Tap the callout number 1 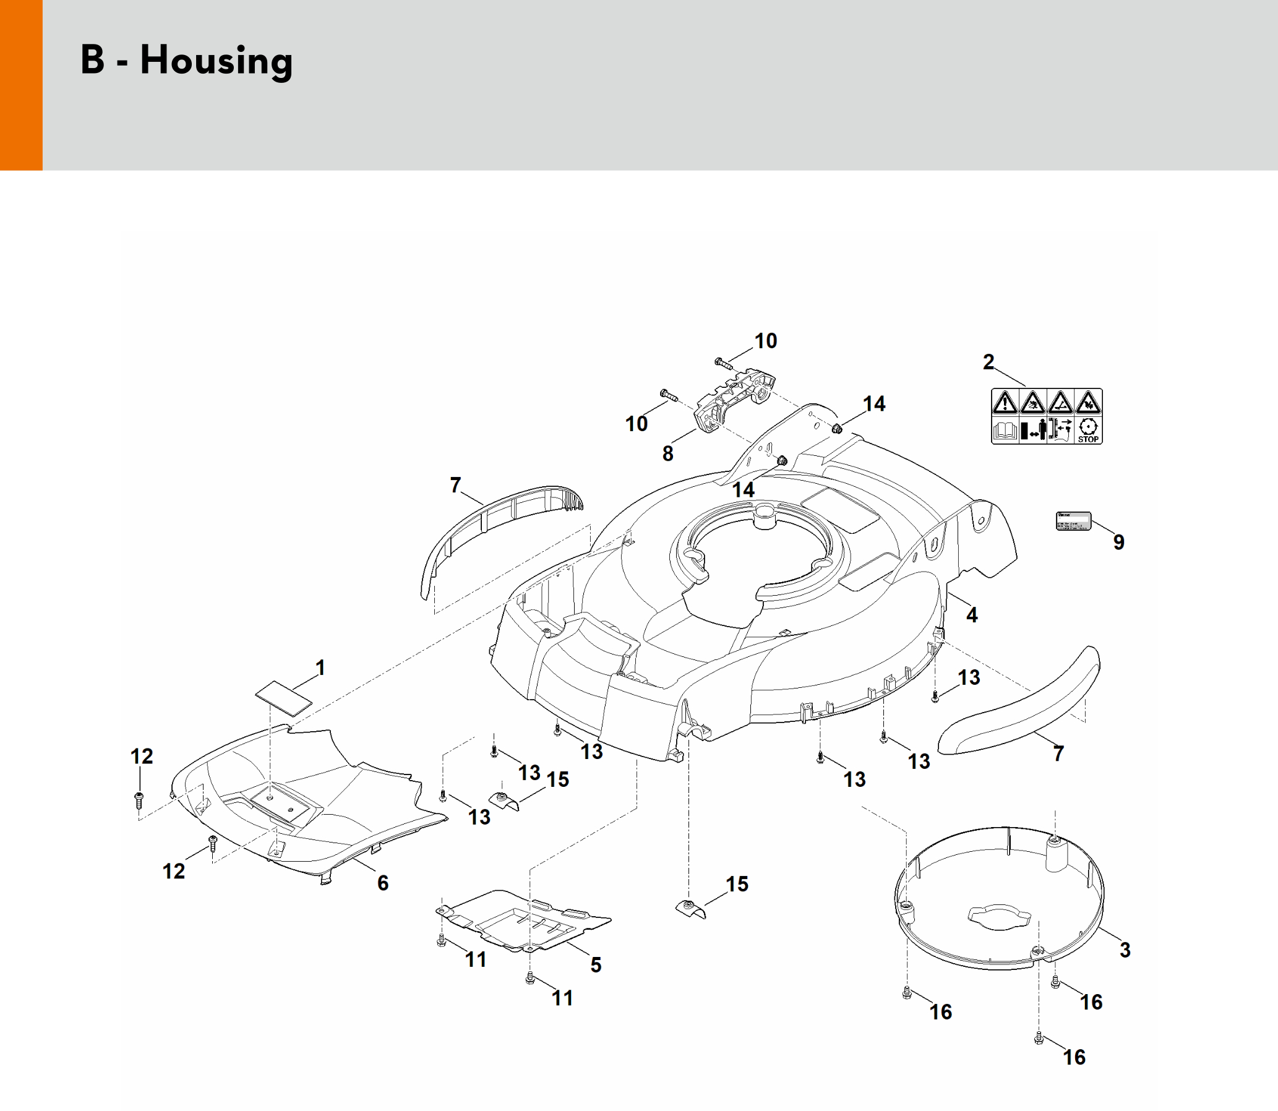pos(320,667)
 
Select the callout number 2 pos(989,362)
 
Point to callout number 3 pos(1125,950)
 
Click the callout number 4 pos(972,615)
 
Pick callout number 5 pos(595,964)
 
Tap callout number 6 pos(382,883)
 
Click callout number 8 pos(667,454)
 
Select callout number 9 pos(1118,542)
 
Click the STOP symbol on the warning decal pos(1088,430)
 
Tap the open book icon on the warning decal pos(1005,430)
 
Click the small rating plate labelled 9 pos(1073,521)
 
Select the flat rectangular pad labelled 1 pos(284,697)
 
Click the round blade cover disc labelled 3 pos(998,899)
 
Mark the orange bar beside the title pos(21,85)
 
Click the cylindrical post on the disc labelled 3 pos(1055,854)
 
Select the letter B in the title pos(92,61)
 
